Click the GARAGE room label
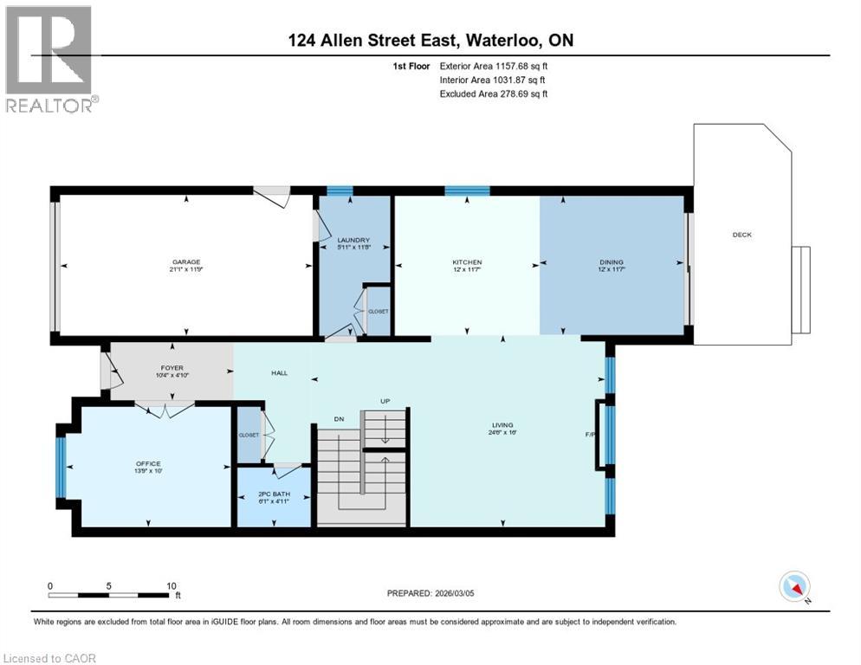(186, 262)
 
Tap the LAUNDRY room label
(353, 241)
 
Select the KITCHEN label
(467, 262)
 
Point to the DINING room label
(612, 262)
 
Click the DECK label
(741, 235)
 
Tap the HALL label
(279, 373)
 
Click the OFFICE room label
(148, 464)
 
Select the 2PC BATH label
(275, 494)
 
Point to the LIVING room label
(502, 425)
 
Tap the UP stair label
(386, 401)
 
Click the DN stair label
(340, 419)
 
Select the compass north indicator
(794, 587)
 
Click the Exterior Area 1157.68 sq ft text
(494, 65)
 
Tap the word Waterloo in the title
(499, 40)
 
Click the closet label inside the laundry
(379, 311)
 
